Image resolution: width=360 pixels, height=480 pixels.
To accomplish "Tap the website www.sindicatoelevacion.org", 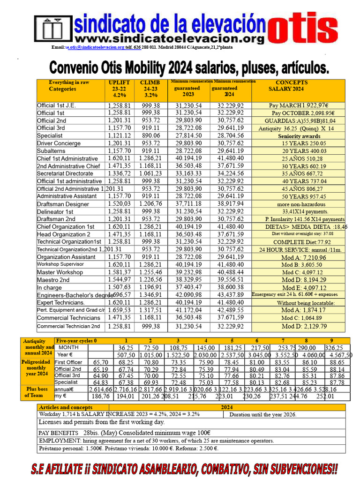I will click(169, 38).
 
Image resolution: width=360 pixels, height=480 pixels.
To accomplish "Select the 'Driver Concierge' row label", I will click(59, 143).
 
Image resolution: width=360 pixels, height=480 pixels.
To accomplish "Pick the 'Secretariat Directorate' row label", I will click(65, 173).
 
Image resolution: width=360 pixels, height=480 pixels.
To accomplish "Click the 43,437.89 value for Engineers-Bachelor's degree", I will click(231, 294).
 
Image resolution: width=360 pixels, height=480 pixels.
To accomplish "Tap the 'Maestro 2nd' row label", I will click(53, 280).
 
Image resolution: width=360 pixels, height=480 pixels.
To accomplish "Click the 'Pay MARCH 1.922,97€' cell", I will click(299, 106).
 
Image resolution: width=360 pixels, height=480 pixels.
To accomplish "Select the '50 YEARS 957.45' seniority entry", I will click(299, 196).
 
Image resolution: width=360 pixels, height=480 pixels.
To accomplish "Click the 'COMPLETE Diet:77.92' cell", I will click(299, 242).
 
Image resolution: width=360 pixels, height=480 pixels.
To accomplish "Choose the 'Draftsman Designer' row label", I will click(63, 204).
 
